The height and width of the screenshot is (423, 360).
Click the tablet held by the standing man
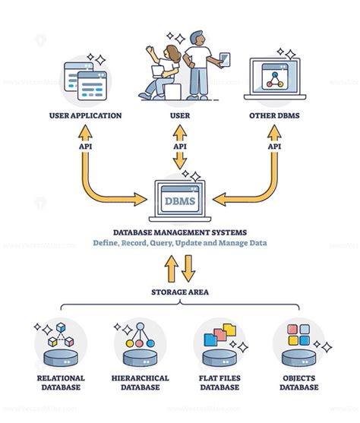click(x=223, y=58)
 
